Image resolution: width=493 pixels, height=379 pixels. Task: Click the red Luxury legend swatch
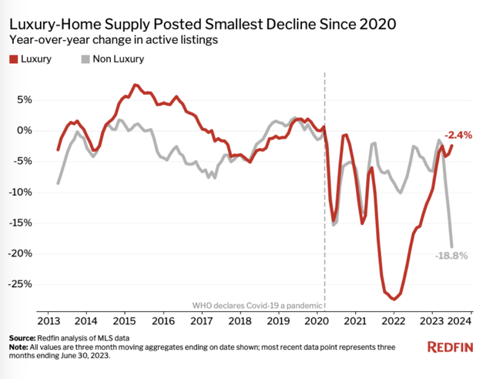(x=14, y=59)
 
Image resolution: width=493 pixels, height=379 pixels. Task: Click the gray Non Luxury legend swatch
(x=86, y=59)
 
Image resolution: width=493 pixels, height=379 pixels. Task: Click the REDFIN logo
(x=456, y=347)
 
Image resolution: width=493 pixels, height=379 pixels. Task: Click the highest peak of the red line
(x=135, y=85)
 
